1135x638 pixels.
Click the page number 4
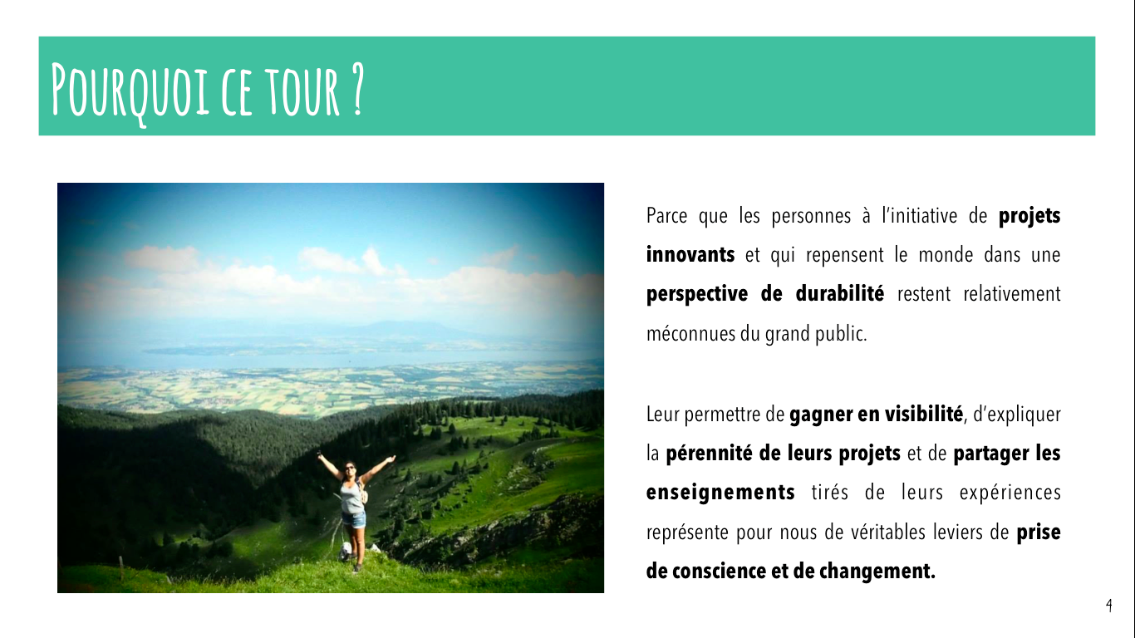pyautogui.click(x=1108, y=605)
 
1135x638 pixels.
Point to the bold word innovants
pyautogui.click(x=690, y=254)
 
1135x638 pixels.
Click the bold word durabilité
pyautogui.click(x=839, y=293)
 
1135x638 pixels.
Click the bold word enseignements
pyautogui.click(x=720, y=493)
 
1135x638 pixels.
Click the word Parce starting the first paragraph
pyautogui.click(x=667, y=216)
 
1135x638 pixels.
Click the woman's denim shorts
pyautogui.click(x=354, y=519)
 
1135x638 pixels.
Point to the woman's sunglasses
pyautogui.click(x=350, y=468)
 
